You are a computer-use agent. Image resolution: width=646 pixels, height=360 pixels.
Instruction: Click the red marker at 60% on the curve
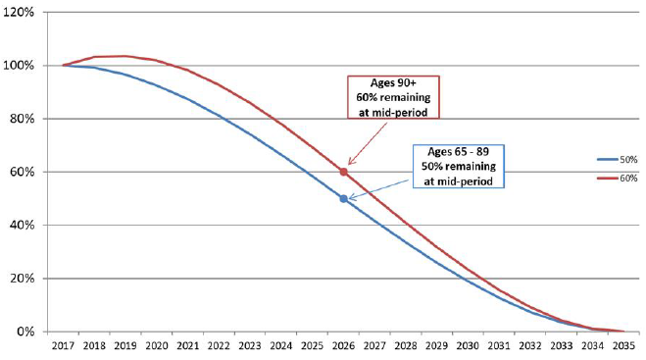coord(343,172)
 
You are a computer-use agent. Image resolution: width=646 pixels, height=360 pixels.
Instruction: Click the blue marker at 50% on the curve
coord(343,198)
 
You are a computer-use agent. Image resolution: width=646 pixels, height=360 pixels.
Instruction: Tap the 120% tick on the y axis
coord(24,12)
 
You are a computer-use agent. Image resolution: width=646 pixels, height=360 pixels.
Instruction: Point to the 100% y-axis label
coord(24,66)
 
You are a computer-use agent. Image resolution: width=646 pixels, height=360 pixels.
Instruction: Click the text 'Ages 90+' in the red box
coord(397,83)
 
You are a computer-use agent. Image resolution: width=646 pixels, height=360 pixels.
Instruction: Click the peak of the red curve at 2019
coord(125,56)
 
